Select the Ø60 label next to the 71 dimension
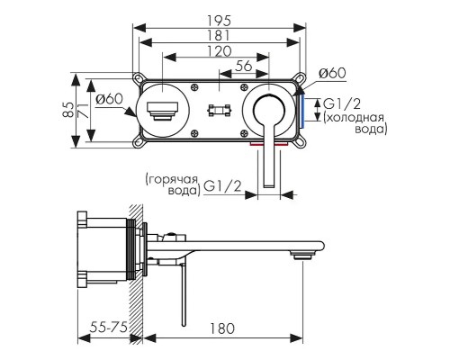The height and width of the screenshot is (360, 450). [x=108, y=99]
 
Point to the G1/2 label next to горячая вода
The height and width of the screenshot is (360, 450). [x=221, y=186]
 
